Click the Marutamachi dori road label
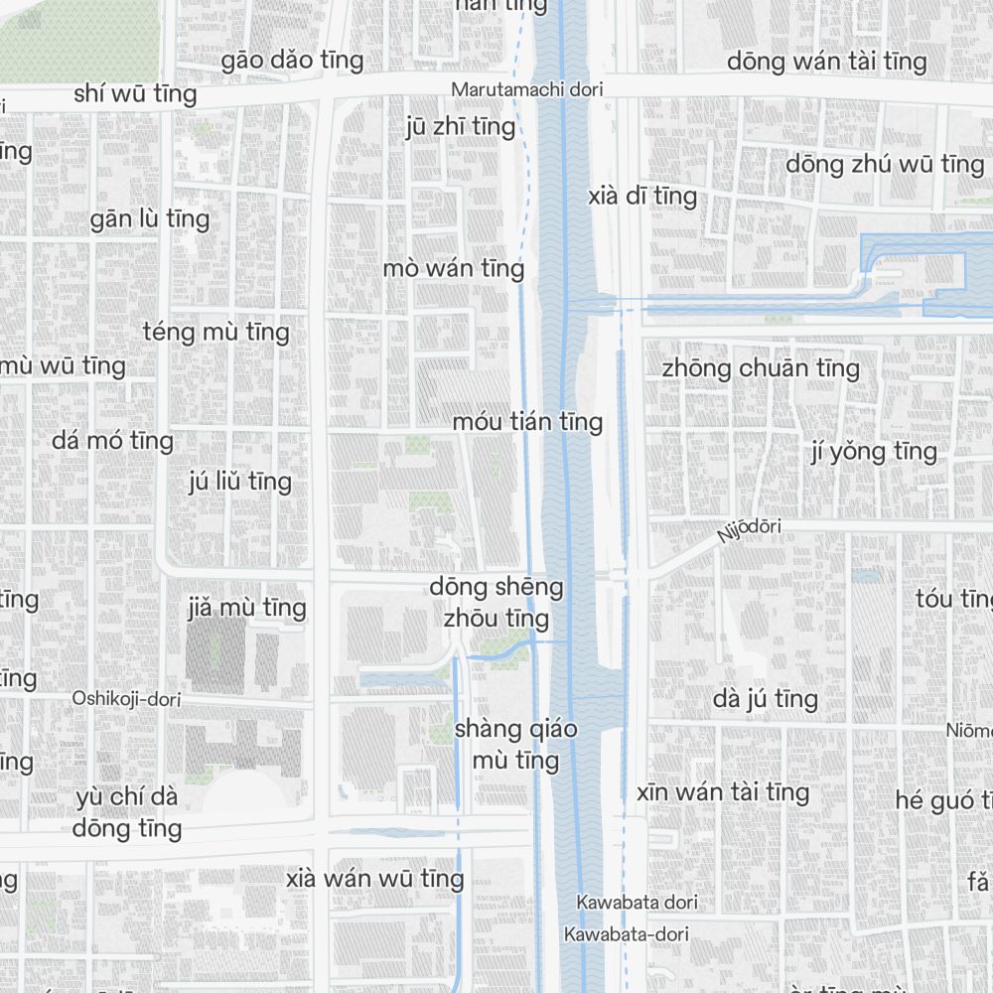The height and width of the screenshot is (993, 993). click(526, 89)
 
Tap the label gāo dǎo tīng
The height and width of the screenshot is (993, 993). click(292, 61)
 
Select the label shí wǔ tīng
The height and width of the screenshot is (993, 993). click(135, 94)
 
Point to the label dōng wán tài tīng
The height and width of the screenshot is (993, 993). click(826, 62)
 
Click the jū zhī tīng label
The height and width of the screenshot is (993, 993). click(461, 126)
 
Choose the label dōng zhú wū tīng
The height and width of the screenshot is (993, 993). click(884, 164)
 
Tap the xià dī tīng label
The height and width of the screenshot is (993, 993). click(641, 196)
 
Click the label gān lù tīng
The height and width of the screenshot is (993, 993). click(150, 218)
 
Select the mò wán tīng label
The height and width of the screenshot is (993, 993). click(453, 268)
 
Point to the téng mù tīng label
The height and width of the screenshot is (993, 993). click(215, 332)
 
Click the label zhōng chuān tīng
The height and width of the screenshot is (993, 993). click(761, 368)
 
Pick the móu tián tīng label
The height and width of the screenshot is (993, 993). click(527, 422)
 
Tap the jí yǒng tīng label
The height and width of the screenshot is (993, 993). click(873, 452)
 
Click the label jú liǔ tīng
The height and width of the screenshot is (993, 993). click(239, 482)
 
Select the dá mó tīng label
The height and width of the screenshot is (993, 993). click(112, 440)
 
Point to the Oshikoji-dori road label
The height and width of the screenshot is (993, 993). click(126, 699)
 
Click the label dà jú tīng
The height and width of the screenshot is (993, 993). click(765, 699)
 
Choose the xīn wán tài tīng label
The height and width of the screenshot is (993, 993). click(722, 792)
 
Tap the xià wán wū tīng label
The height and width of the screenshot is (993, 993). click(374, 879)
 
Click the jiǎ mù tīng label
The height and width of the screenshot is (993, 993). click(246, 607)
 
